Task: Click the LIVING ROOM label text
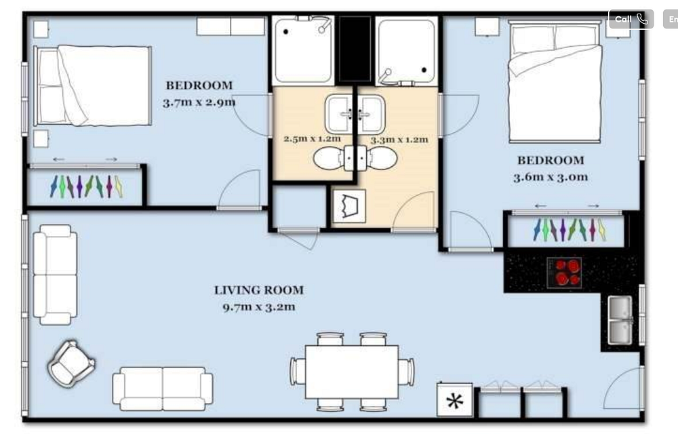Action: tap(259, 290)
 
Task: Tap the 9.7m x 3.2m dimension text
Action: tap(259, 307)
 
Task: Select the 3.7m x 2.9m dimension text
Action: tap(199, 102)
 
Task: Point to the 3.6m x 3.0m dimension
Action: tap(551, 178)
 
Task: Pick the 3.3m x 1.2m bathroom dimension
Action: tap(399, 140)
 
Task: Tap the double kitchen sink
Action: tap(619, 319)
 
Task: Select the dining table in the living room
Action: tap(351, 372)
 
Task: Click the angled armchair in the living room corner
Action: tap(71, 363)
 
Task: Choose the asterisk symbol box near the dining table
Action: tap(455, 401)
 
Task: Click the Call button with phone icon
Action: tap(631, 20)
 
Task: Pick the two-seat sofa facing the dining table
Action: tap(163, 388)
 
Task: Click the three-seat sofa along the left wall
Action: tap(56, 275)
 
